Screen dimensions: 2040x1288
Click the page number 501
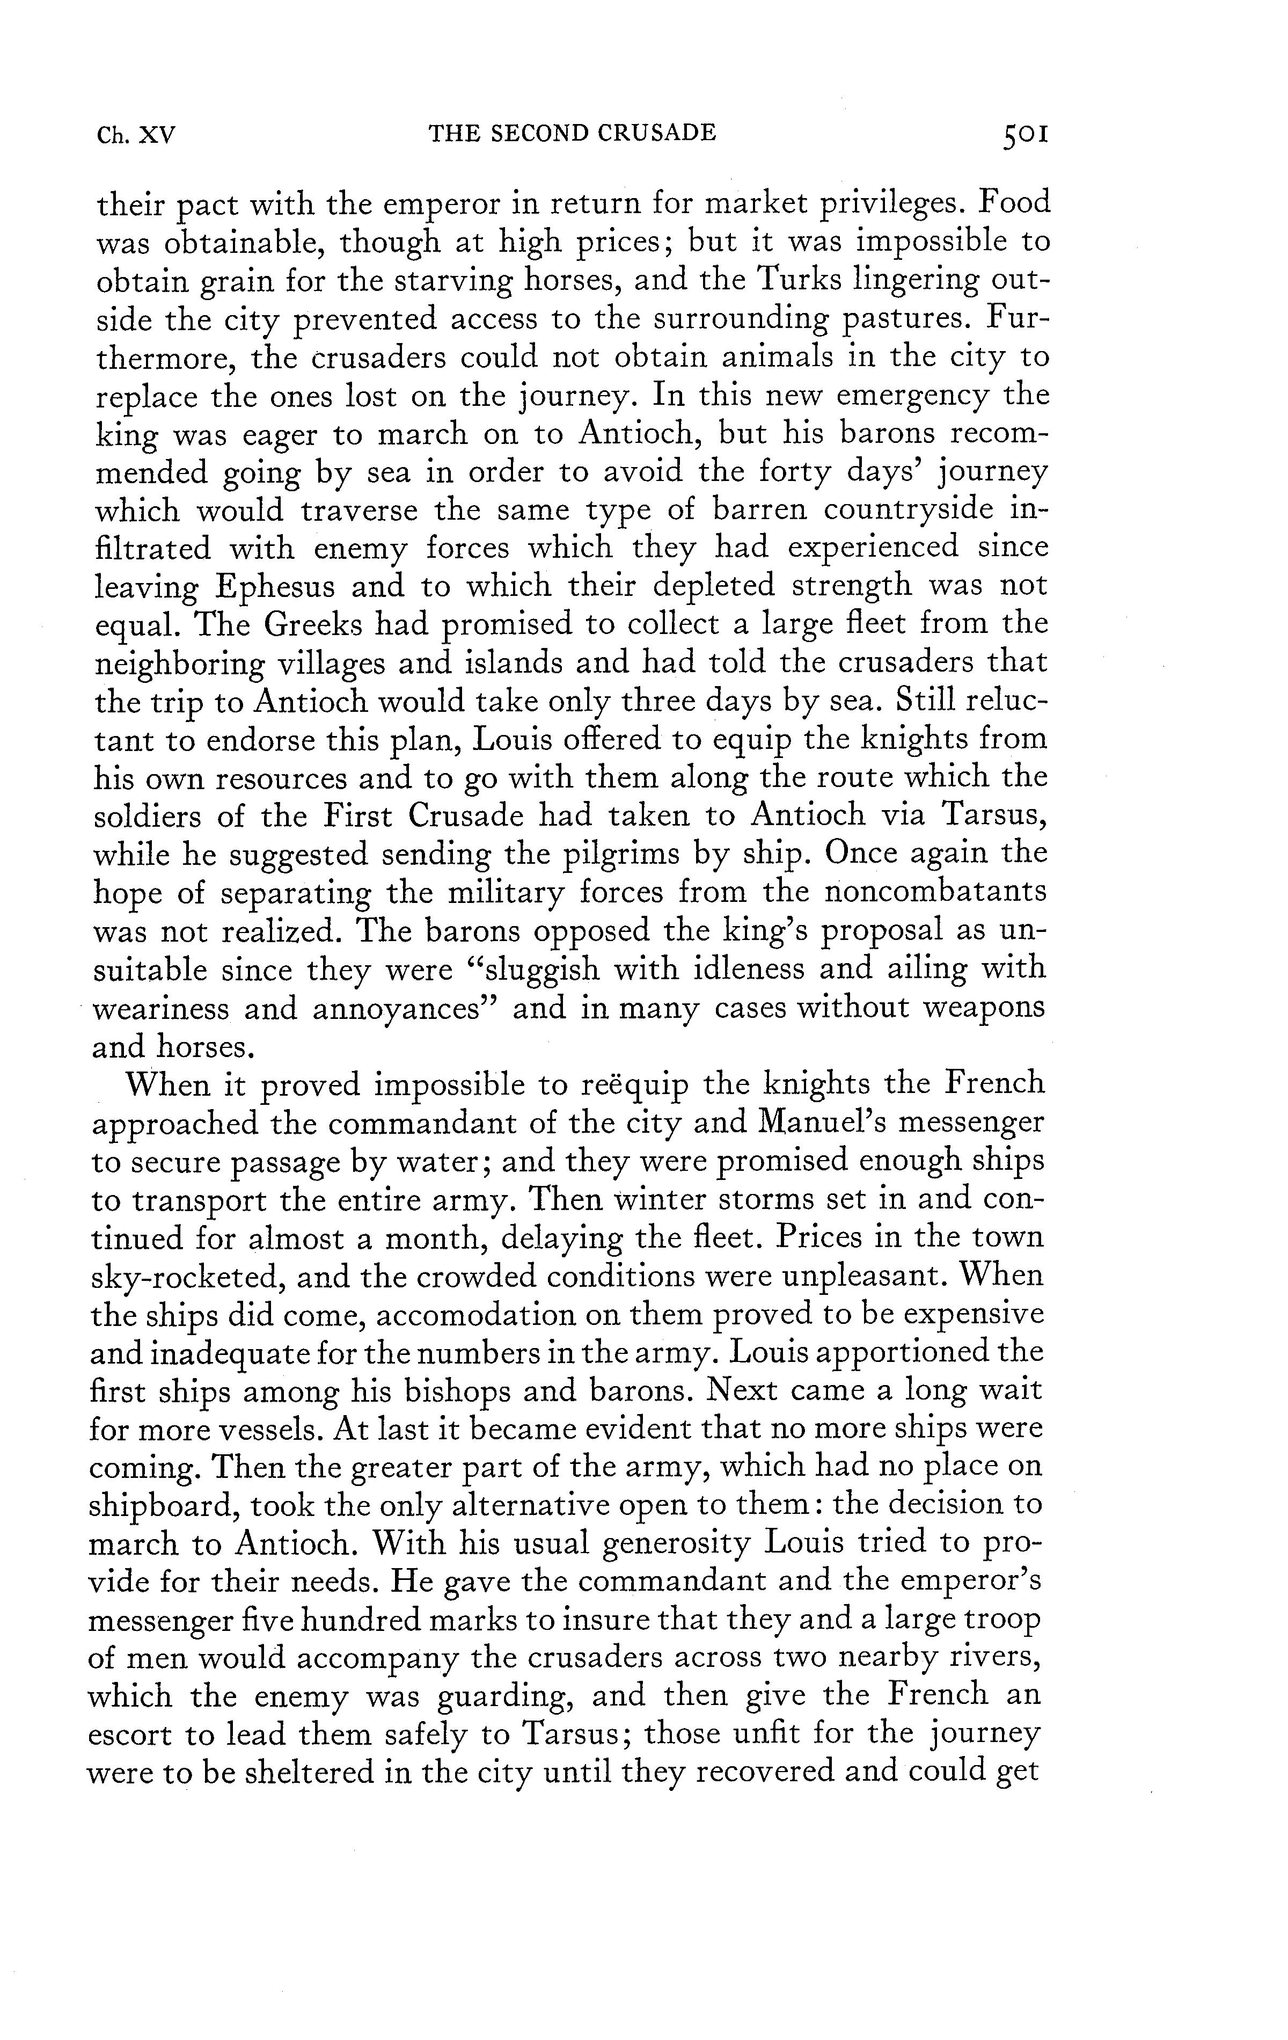(x=1024, y=135)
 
